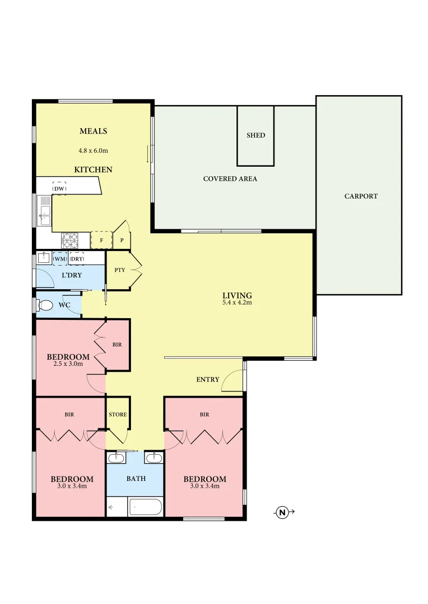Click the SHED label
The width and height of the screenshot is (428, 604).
255,135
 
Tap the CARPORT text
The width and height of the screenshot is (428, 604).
361,196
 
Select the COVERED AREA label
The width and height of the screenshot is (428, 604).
230,179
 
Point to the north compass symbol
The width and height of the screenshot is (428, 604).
282,512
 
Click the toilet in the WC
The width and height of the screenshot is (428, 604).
45,305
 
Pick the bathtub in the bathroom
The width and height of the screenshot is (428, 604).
145,508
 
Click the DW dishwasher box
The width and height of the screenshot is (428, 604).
59,189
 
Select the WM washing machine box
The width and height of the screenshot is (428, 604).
60,259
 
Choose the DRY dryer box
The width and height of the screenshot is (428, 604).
77,259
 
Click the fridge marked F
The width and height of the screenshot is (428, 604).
101,240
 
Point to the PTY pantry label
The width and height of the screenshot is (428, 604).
119,270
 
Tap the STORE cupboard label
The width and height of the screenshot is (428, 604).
118,414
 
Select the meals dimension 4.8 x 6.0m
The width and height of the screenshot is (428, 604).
93,150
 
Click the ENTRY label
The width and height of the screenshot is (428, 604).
208,380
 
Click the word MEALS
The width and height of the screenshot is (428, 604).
93,131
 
